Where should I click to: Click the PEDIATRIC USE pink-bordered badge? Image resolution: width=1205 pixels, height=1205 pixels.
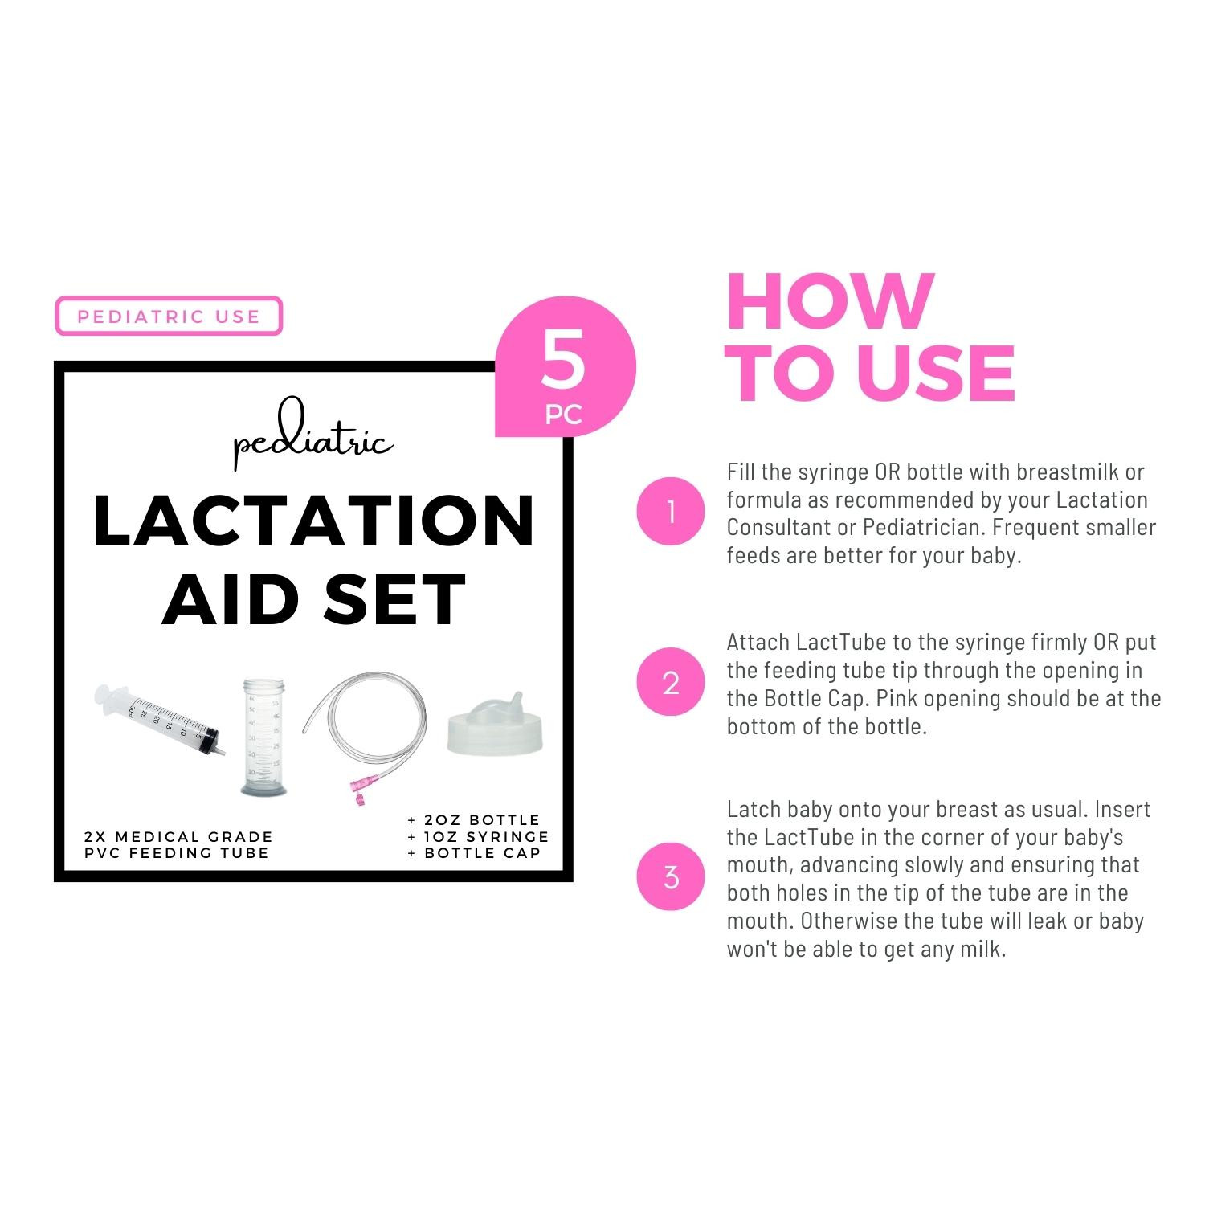[169, 316]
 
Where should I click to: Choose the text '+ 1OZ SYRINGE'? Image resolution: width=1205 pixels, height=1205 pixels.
[478, 836]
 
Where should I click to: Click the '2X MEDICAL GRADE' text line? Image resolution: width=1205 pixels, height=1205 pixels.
[178, 837]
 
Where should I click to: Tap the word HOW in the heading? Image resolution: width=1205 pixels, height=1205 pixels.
[830, 302]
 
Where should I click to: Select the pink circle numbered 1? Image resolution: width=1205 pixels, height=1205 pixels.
[671, 512]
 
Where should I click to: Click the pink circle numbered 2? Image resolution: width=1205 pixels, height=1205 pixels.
[671, 683]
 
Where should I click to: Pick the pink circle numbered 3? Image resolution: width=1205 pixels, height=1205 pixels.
[671, 877]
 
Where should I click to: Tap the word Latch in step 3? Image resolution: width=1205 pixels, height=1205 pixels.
[754, 809]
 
